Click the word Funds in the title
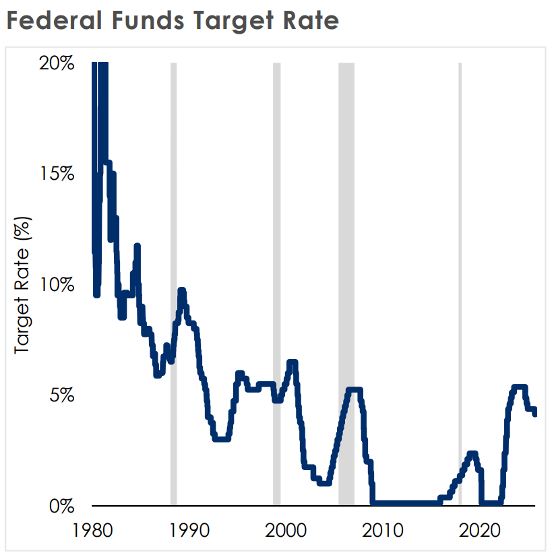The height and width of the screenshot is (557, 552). (148, 20)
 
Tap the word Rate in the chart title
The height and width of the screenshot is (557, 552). (311, 20)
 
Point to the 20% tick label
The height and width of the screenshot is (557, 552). (57, 63)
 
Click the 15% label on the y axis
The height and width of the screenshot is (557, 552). (57, 174)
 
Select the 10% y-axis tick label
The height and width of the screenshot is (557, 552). (57, 284)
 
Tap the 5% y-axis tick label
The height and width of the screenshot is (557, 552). (62, 395)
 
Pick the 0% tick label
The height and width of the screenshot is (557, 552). (62, 506)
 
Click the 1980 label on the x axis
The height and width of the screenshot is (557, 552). (92, 531)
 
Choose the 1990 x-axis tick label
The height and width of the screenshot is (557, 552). (189, 531)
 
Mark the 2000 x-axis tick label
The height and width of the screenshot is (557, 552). (286, 531)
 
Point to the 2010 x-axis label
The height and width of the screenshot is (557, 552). (383, 531)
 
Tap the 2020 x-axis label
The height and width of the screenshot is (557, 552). (480, 531)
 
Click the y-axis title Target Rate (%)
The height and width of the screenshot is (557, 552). (22, 286)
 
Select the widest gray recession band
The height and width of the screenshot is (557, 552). (346, 284)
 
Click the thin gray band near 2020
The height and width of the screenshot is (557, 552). (460, 284)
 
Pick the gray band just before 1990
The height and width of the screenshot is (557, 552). (173, 284)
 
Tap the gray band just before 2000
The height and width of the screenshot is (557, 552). (276, 284)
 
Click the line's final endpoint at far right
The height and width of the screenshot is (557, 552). (534, 414)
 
